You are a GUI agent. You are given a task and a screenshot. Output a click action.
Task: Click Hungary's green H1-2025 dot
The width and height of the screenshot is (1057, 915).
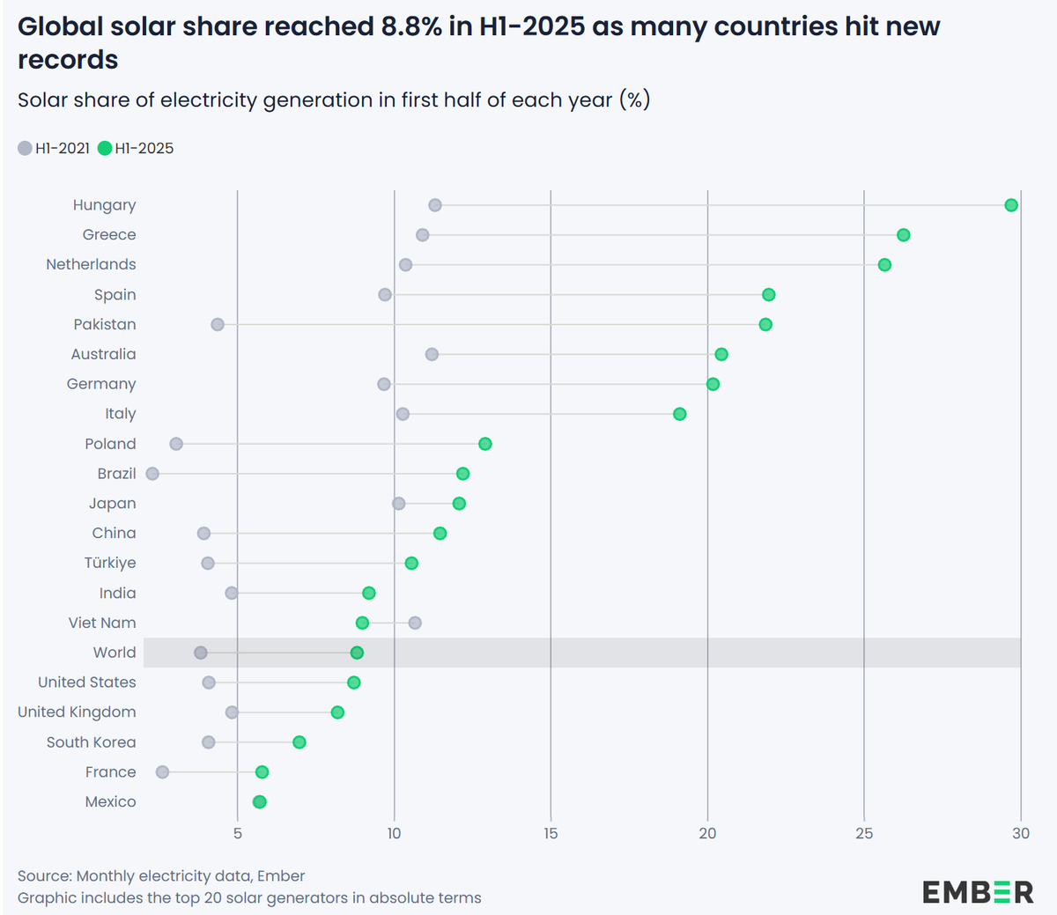point(1011,205)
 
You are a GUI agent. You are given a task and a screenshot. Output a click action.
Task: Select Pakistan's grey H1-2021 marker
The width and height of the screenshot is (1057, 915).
point(218,325)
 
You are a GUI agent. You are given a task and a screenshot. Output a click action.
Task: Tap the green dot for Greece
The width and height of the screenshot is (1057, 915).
point(903,235)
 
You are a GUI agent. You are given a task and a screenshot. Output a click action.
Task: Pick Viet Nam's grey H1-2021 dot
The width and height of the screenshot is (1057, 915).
point(415,623)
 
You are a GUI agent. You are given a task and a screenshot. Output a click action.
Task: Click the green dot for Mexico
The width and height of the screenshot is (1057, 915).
point(259,801)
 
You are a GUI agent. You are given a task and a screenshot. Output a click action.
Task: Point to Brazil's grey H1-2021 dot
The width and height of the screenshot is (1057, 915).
point(152,474)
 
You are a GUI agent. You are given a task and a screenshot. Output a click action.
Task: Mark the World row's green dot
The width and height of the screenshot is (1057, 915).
point(357,653)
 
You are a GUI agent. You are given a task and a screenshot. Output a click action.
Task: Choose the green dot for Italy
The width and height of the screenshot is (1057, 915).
point(679,414)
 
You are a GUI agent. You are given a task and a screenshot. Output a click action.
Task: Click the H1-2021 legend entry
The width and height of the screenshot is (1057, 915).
point(55,148)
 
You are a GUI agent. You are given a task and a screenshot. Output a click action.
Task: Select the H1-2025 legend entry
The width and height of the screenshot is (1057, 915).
point(137,148)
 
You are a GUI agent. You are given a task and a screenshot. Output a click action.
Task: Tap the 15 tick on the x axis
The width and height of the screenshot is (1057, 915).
point(551,833)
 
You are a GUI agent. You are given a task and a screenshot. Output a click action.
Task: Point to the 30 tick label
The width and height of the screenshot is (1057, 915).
point(1020,833)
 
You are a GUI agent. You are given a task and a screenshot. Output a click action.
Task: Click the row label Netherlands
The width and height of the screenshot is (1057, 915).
point(91,264)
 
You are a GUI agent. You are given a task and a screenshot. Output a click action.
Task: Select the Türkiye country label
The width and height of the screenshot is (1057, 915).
point(110,563)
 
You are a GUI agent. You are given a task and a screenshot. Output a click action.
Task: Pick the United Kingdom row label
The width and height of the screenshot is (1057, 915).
point(77,712)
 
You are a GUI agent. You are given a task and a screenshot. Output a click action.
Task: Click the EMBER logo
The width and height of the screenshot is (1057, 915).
point(978,892)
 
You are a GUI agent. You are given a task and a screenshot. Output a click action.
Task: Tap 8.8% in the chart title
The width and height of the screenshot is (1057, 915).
point(411,26)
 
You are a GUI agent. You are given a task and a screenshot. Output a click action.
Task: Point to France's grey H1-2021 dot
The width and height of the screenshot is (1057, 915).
point(162,772)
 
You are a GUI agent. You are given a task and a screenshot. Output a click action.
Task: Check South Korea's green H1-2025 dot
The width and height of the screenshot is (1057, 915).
point(299,742)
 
